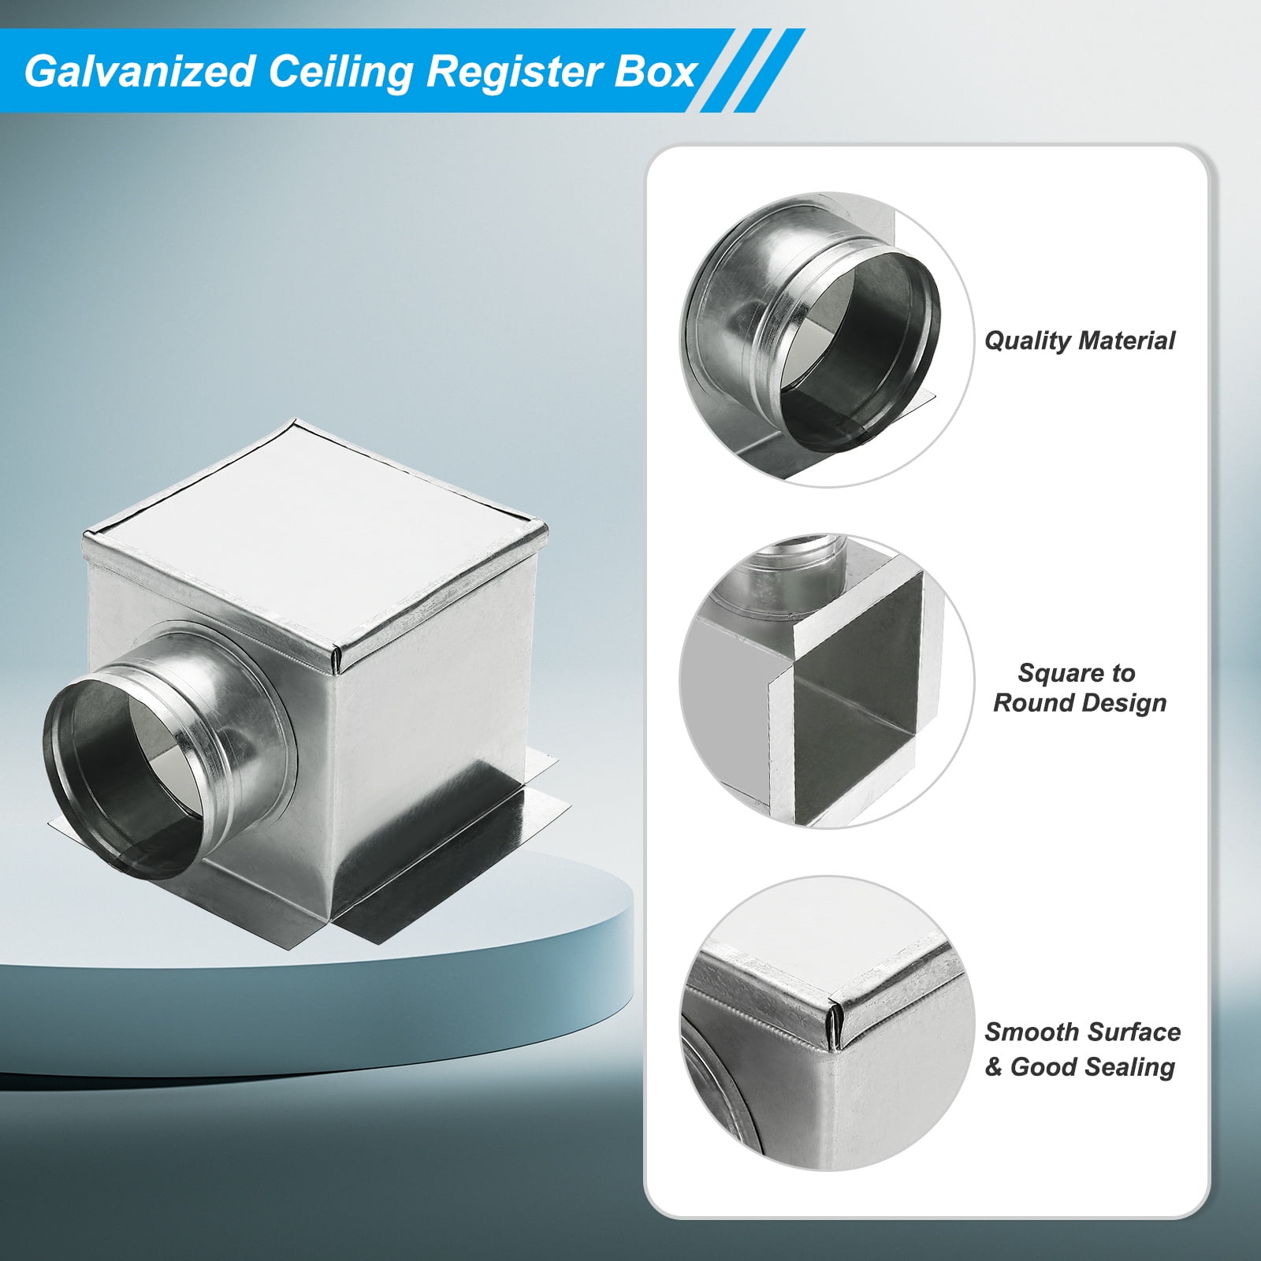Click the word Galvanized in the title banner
[x=139, y=72]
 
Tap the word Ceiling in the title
[x=340, y=72]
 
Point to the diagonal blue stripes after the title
[x=753, y=71]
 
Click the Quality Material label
[x=1079, y=340]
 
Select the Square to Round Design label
[x=1079, y=687]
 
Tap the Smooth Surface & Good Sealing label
[x=1082, y=1049]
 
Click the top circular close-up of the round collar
[x=827, y=340]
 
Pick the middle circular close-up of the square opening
[x=827, y=681]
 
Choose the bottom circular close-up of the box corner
[x=827, y=1022]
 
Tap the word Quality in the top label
[x=1028, y=340]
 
